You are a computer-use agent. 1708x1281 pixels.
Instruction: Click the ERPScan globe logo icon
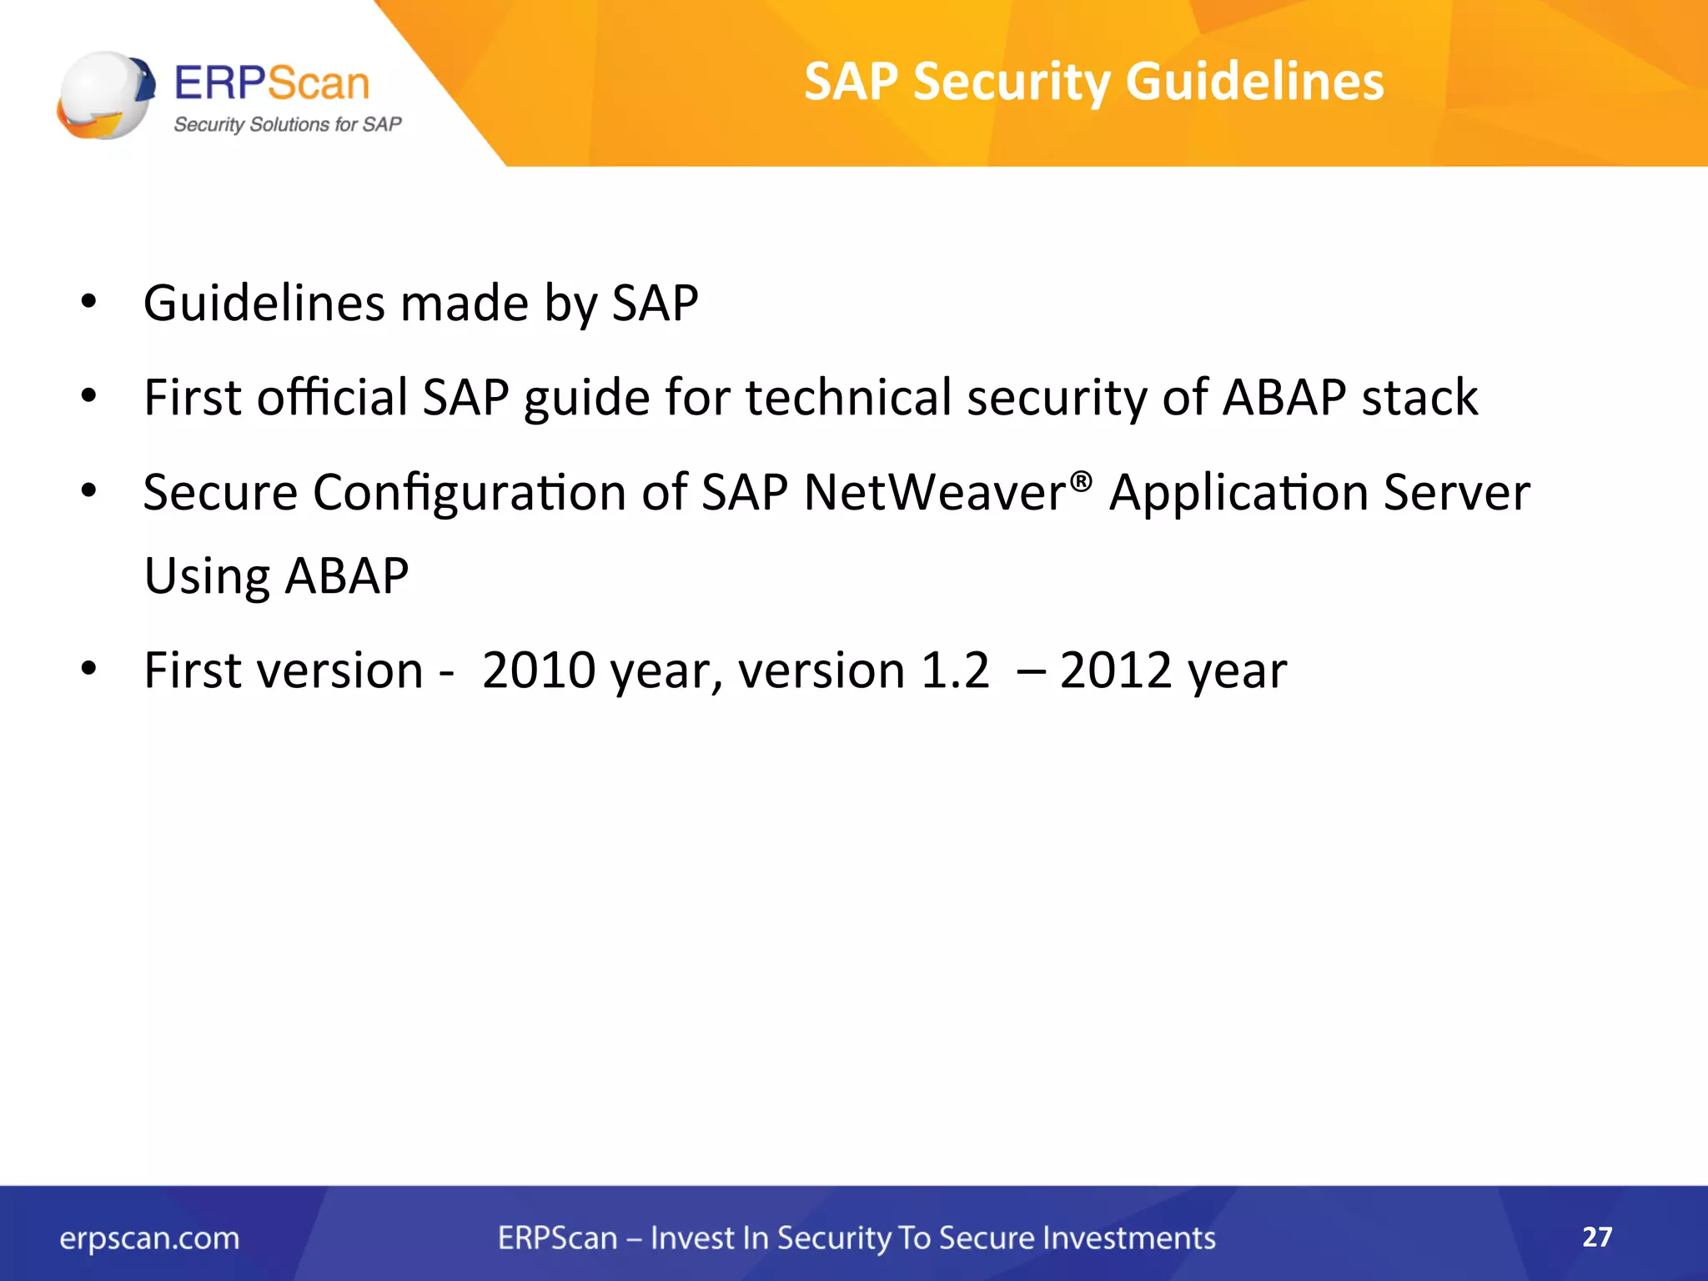pos(105,95)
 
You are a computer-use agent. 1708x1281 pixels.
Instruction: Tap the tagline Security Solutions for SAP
pos(287,124)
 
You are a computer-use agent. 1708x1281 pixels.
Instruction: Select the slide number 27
pos(1597,1236)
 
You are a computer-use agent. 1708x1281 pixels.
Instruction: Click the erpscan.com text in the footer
pos(149,1238)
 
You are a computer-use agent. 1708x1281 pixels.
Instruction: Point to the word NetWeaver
pos(934,492)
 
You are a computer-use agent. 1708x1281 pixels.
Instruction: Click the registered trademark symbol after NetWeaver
pos(1080,481)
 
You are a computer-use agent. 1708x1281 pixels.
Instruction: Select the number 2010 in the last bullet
pos(538,671)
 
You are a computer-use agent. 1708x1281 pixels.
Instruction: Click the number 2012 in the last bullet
pos(1116,671)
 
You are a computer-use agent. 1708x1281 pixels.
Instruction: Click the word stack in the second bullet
pos(1419,397)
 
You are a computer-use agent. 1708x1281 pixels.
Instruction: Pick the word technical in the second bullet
pos(848,397)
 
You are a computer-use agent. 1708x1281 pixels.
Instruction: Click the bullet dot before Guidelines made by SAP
pos(89,302)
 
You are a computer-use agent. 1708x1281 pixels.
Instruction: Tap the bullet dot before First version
pos(89,669)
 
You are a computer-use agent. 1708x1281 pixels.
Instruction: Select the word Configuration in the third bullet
pos(470,492)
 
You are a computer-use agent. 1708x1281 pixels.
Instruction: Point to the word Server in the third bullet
pos(1456,492)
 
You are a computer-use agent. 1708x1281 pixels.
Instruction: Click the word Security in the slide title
pos(1011,82)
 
